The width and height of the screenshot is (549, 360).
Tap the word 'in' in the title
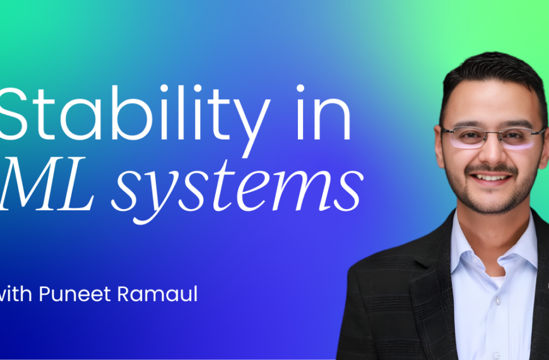click(x=324, y=112)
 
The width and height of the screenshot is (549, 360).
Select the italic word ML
click(x=47, y=184)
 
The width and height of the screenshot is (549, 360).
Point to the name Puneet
click(x=75, y=294)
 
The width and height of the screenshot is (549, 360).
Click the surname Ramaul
click(x=157, y=294)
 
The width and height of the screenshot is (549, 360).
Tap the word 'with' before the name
click(x=16, y=294)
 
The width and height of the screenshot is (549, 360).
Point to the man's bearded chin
click(x=493, y=200)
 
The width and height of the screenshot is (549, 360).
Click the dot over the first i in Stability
click(x=198, y=88)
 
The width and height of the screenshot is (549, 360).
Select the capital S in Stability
click(x=13, y=114)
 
